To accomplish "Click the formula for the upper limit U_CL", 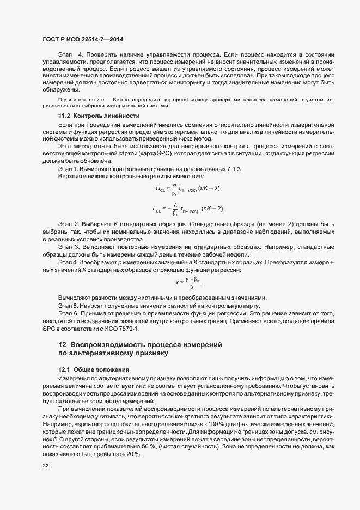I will (188, 189).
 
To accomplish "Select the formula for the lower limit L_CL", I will (188, 209).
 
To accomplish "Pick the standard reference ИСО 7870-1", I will (125, 329).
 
